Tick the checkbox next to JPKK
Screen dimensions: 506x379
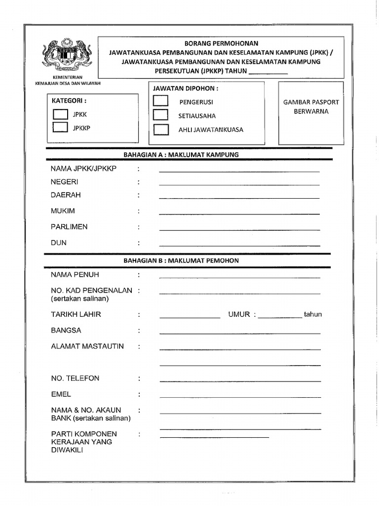pyautogui.click(x=60, y=114)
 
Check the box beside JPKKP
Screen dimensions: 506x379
pyautogui.click(x=60, y=127)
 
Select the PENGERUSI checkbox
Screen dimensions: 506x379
pyautogui.click(x=160, y=101)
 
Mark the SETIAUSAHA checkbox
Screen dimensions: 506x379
pyautogui.click(x=160, y=115)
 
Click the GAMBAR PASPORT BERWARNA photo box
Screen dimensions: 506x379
pyautogui.click(x=311, y=113)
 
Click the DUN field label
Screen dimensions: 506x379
pyautogui.click(x=59, y=243)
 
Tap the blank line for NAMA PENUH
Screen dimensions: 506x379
pyautogui.click(x=239, y=277)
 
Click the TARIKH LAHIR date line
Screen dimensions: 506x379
pyautogui.click(x=189, y=317)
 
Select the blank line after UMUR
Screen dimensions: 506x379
pyautogui.click(x=280, y=317)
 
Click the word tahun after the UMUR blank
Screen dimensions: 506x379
pyautogui.click(x=313, y=314)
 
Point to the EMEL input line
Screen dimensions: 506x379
pyautogui.click(x=240, y=397)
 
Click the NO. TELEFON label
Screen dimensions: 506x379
pyautogui.click(x=75, y=378)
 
